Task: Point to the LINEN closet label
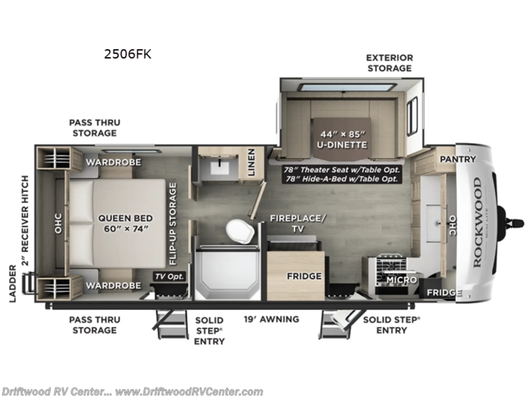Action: pos(251,161)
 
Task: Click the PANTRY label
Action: pos(457,159)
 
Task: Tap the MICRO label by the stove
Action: pos(401,280)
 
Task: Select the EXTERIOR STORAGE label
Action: pos(389,63)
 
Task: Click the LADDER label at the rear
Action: pos(13,284)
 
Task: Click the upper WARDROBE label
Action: pos(113,162)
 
